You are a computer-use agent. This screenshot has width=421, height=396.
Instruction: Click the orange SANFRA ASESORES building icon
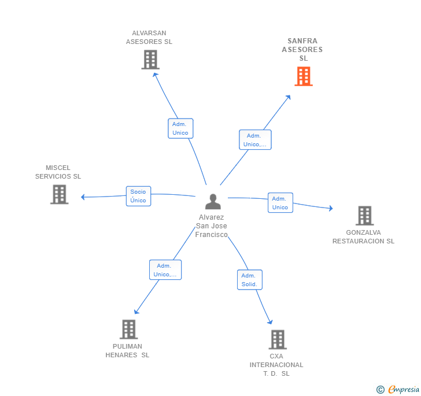click(x=304, y=76)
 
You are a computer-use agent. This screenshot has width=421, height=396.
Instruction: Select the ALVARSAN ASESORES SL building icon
click(x=150, y=60)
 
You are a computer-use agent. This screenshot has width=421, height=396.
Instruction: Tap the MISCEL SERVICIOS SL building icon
click(x=59, y=194)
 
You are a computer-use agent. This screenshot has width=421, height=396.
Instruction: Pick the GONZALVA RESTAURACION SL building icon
click(x=364, y=216)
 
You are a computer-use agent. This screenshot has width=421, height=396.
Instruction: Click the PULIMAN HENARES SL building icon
click(x=128, y=330)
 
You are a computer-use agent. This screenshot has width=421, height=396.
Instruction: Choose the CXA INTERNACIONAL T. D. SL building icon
click(x=278, y=339)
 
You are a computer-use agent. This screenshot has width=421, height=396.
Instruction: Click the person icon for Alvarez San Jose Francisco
click(x=213, y=202)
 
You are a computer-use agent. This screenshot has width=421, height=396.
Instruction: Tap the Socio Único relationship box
click(x=138, y=196)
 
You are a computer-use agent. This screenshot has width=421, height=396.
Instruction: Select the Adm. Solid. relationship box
click(x=249, y=280)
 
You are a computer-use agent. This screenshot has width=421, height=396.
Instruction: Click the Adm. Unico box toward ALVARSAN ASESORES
click(x=180, y=128)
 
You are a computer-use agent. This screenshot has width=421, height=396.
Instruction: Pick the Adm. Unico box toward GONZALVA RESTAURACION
click(x=280, y=203)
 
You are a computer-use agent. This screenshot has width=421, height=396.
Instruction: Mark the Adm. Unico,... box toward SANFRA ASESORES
click(x=255, y=140)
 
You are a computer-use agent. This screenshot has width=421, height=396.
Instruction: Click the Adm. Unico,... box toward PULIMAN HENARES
click(x=165, y=270)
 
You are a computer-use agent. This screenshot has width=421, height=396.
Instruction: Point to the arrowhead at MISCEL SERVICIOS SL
click(x=83, y=197)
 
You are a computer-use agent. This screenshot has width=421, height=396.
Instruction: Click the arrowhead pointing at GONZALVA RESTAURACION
click(x=330, y=209)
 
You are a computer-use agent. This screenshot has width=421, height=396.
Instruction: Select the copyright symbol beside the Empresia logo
click(x=381, y=390)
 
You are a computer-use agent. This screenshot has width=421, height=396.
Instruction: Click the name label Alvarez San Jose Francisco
click(x=211, y=226)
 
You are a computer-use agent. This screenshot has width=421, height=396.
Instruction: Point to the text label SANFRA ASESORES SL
click(x=302, y=50)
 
